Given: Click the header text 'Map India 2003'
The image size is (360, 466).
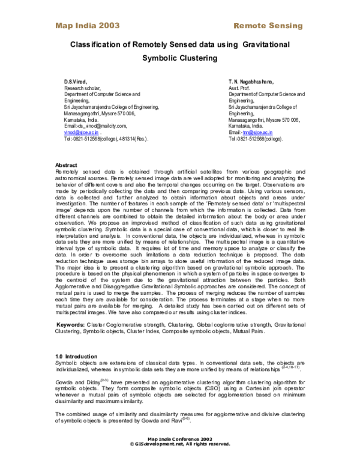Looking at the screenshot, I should pyautogui.click(x=87, y=25).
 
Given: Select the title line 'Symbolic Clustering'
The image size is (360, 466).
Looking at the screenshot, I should pyautogui.click(x=179, y=59).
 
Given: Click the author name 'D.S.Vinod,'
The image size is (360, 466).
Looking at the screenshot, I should pyautogui.click(x=76, y=81).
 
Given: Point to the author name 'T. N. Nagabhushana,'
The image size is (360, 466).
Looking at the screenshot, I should pyautogui.click(x=251, y=81).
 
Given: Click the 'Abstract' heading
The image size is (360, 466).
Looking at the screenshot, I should pyautogui.click(x=66, y=165).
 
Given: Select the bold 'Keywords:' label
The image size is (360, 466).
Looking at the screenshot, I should pyautogui.click(x=70, y=324).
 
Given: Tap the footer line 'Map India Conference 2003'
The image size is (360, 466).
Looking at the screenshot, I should pyautogui.click(x=180, y=439).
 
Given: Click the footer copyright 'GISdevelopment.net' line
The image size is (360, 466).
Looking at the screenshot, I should pyautogui.click(x=180, y=444).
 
